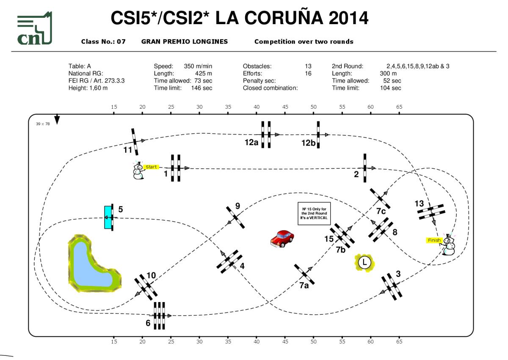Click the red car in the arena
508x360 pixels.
pos(282,238)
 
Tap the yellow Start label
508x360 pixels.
pos(151,167)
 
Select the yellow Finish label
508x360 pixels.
pos(434,240)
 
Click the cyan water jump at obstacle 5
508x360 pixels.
pos(108,217)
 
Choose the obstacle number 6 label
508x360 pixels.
pos(148,323)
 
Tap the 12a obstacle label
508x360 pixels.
pos(251,143)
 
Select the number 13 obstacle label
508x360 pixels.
pos(419,204)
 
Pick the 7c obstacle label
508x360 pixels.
pos(381,211)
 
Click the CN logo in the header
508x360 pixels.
pos(34,29)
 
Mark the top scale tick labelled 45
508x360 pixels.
pos(285,107)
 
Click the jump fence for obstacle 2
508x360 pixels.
pos(364,168)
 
